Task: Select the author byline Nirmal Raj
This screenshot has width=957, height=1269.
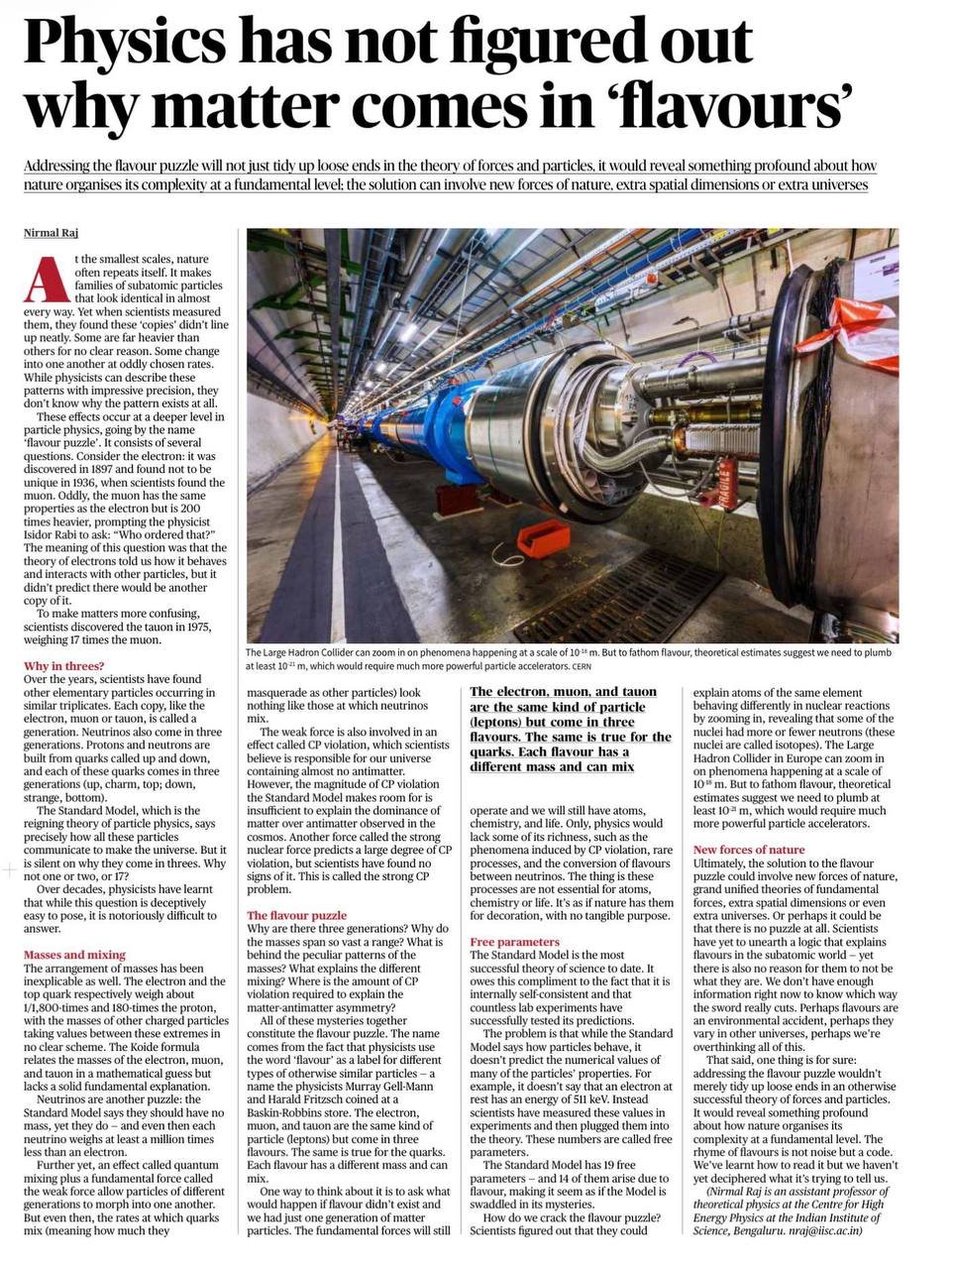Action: (52, 233)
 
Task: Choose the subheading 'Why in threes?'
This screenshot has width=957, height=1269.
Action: (63, 666)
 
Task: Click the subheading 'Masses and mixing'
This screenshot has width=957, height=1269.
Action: (74, 955)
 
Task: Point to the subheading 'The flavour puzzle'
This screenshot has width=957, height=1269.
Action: (296, 915)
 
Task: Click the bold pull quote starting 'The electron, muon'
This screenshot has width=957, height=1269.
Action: (569, 729)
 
